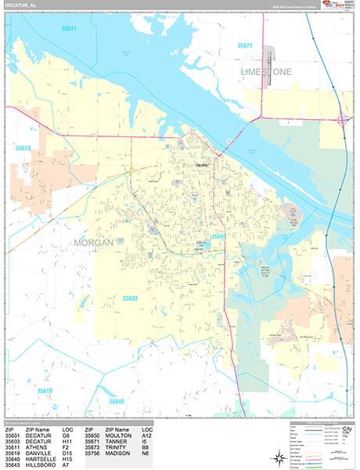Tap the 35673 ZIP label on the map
23,148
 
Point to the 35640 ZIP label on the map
117,402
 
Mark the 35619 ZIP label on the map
44,390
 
